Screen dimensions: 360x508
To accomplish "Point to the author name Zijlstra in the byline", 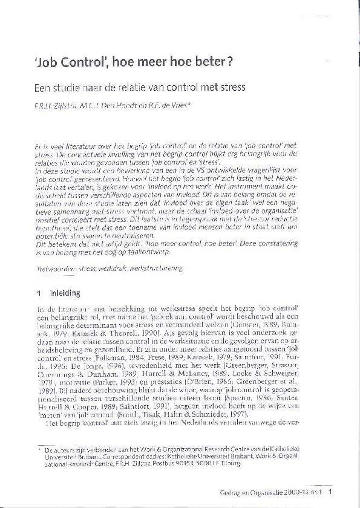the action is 64,105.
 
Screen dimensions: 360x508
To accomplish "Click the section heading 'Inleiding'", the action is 66,294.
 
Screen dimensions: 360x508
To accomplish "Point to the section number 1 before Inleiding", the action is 39,294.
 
